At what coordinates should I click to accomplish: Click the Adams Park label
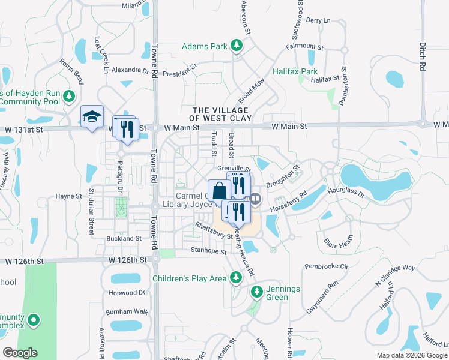[x=205, y=46]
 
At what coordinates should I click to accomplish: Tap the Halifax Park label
[x=295, y=71]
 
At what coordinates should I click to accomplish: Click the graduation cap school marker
[x=92, y=116]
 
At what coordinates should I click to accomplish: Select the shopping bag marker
[x=220, y=190]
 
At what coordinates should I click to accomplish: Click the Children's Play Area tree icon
[x=237, y=277]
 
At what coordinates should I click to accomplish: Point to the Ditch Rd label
[x=423, y=54]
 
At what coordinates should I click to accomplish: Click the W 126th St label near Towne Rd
[x=125, y=260]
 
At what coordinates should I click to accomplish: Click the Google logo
[x=20, y=353]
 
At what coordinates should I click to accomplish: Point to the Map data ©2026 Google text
[x=412, y=355]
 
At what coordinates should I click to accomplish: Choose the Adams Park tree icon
[x=237, y=46]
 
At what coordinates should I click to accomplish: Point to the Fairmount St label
[x=304, y=46]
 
